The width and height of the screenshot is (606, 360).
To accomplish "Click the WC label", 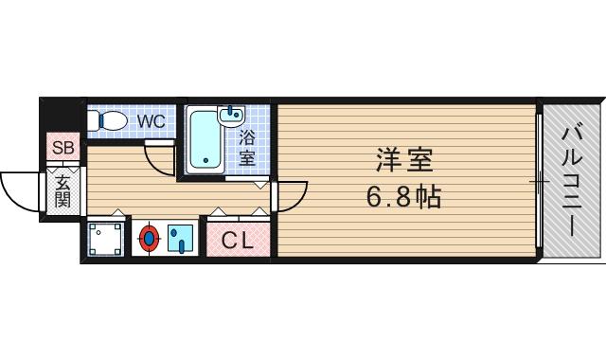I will [151, 121].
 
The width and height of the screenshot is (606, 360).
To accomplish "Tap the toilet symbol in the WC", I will [110, 121].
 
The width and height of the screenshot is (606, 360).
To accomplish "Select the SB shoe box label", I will [63, 148].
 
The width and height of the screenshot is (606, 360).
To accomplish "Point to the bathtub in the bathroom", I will [204, 143].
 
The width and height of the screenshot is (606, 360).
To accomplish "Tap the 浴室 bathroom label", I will [247, 147].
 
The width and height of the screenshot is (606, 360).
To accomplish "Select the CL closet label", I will [238, 241].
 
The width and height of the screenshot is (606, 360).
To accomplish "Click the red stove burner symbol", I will [149, 239].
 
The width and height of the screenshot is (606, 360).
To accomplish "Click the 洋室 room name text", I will [405, 162].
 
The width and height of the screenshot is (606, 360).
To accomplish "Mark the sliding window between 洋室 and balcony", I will [540, 179].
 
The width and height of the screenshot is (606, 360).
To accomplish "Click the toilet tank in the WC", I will [93, 121].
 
